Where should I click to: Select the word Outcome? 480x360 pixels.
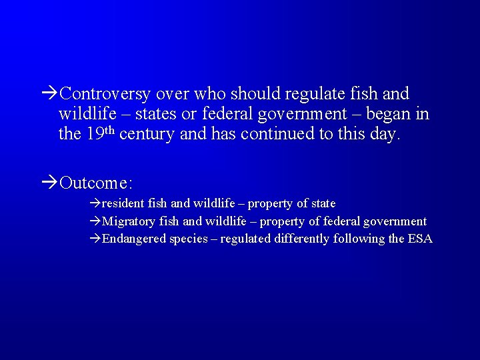pos(97,182)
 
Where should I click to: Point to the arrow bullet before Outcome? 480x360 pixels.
pos(49,182)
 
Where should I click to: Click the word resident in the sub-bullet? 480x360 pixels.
pos(123,203)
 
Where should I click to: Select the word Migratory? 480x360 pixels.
pos(129,221)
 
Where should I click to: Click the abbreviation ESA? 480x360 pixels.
pos(420,239)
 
